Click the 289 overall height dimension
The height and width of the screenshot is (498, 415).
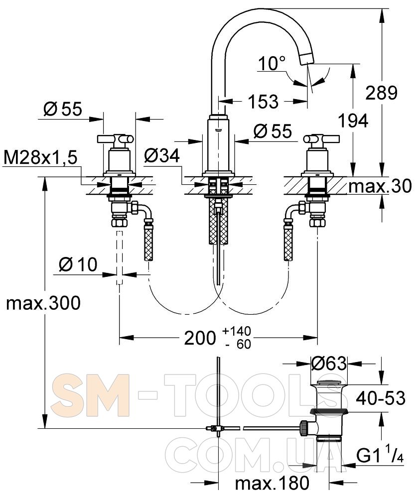pos(381,93)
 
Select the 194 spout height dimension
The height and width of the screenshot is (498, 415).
pos(353,121)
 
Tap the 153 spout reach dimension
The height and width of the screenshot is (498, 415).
pos(263,102)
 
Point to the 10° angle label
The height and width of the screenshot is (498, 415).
pos(272,63)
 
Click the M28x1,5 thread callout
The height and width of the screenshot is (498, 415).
pos(40,158)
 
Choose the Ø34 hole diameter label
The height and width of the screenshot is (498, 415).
pos(162,155)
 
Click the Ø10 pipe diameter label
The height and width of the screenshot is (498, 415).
pos(78,264)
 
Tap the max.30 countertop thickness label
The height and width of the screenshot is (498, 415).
pos(380,186)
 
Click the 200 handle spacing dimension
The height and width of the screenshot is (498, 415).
pos(217,338)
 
